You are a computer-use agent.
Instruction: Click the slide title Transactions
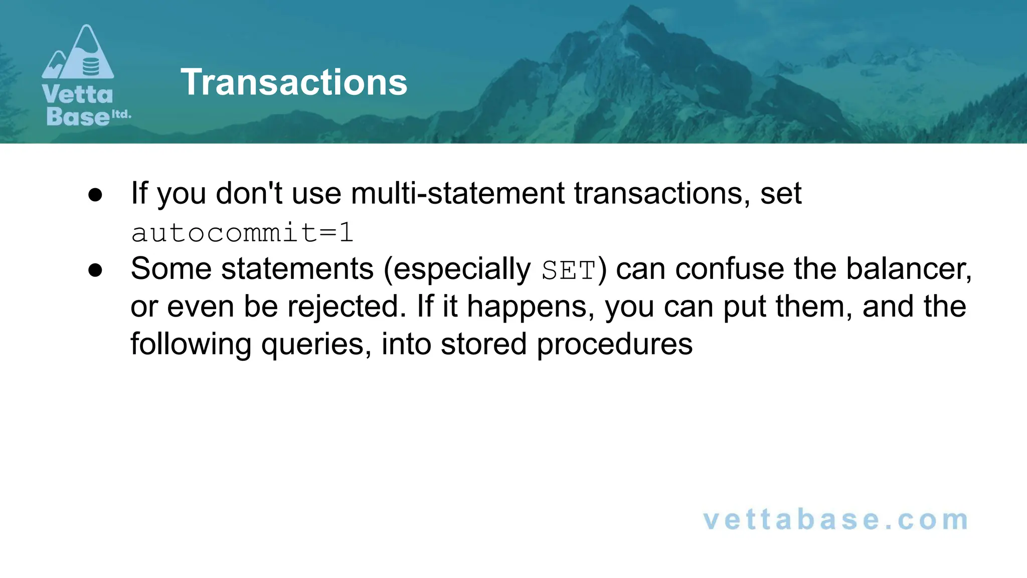[294, 82]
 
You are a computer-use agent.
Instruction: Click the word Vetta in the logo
[78, 94]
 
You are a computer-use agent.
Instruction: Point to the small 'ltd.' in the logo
[121, 114]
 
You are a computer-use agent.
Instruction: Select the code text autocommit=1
[242, 233]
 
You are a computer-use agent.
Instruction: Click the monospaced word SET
[568, 270]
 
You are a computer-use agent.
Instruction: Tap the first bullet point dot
[95, 195]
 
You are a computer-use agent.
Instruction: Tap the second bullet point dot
[95, 270]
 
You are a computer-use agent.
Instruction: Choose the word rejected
[346, 307]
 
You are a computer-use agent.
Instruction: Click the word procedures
[614, 345]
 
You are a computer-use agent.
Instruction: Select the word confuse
[730, 269]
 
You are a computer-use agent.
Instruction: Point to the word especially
[462, 270]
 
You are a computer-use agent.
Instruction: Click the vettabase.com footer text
[835, 520]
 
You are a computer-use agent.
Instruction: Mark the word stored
[483, 344]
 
